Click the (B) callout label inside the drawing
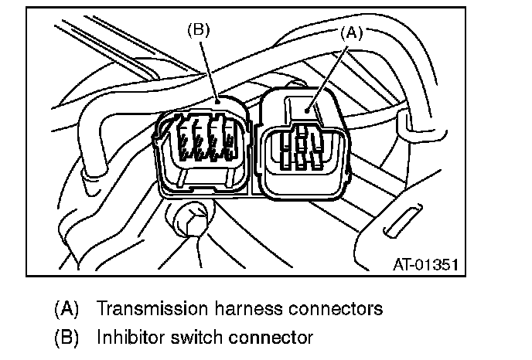[x=199, y=30]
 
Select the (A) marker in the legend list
[x=66, y=309]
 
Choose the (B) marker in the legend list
[x=66, y=338]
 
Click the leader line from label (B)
[x=211, y=70]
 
